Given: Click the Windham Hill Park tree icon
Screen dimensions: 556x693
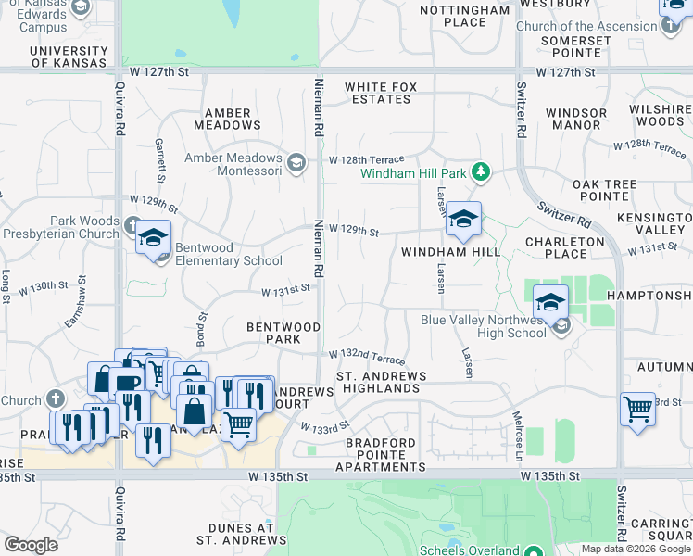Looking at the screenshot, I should click(x=480, y=171).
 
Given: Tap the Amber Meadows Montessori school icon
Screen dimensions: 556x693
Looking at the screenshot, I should click(x=296, y=164).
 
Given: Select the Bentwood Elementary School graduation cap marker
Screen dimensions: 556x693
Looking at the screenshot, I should click(x=154, y=239).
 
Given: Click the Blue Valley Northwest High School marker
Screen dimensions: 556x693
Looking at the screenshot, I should click(x=551, y=303).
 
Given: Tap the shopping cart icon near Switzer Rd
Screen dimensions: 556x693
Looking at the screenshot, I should click(x=638, y=409).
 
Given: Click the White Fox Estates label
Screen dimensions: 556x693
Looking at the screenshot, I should click(x=381, y=94).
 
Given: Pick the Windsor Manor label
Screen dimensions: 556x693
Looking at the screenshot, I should click(x=576, y=119).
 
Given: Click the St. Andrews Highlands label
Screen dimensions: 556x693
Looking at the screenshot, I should click(x=381, y=383).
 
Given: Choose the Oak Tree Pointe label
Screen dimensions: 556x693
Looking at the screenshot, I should click(x=604, y=191).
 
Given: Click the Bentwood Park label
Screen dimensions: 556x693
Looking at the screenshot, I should click(x=283, y=334).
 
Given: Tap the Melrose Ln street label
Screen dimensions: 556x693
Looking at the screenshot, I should click(x=518, y=436).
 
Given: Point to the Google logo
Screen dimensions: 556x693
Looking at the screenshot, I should click(x=31, y=545).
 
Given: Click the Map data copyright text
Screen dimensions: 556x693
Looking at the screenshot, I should click(x=636, y=549).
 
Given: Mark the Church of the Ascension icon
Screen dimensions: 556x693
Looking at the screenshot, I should click(x=670, y=25).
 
